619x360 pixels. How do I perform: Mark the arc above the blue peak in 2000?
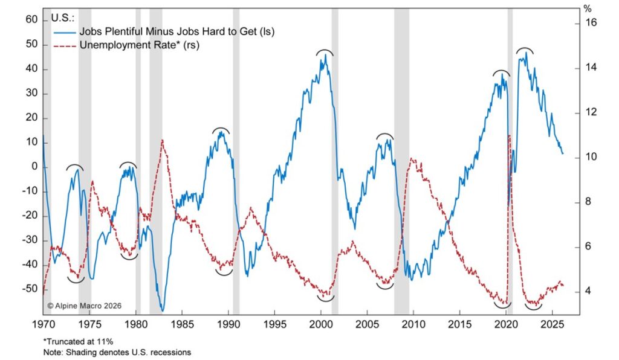coord(325,52)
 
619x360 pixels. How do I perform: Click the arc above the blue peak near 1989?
coord(221,129)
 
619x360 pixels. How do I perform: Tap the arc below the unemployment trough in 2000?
coord(325,298)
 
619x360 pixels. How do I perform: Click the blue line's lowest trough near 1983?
coord(161,310)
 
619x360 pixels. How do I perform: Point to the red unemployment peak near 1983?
coord(162,140)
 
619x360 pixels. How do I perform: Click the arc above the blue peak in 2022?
coord(525,50)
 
